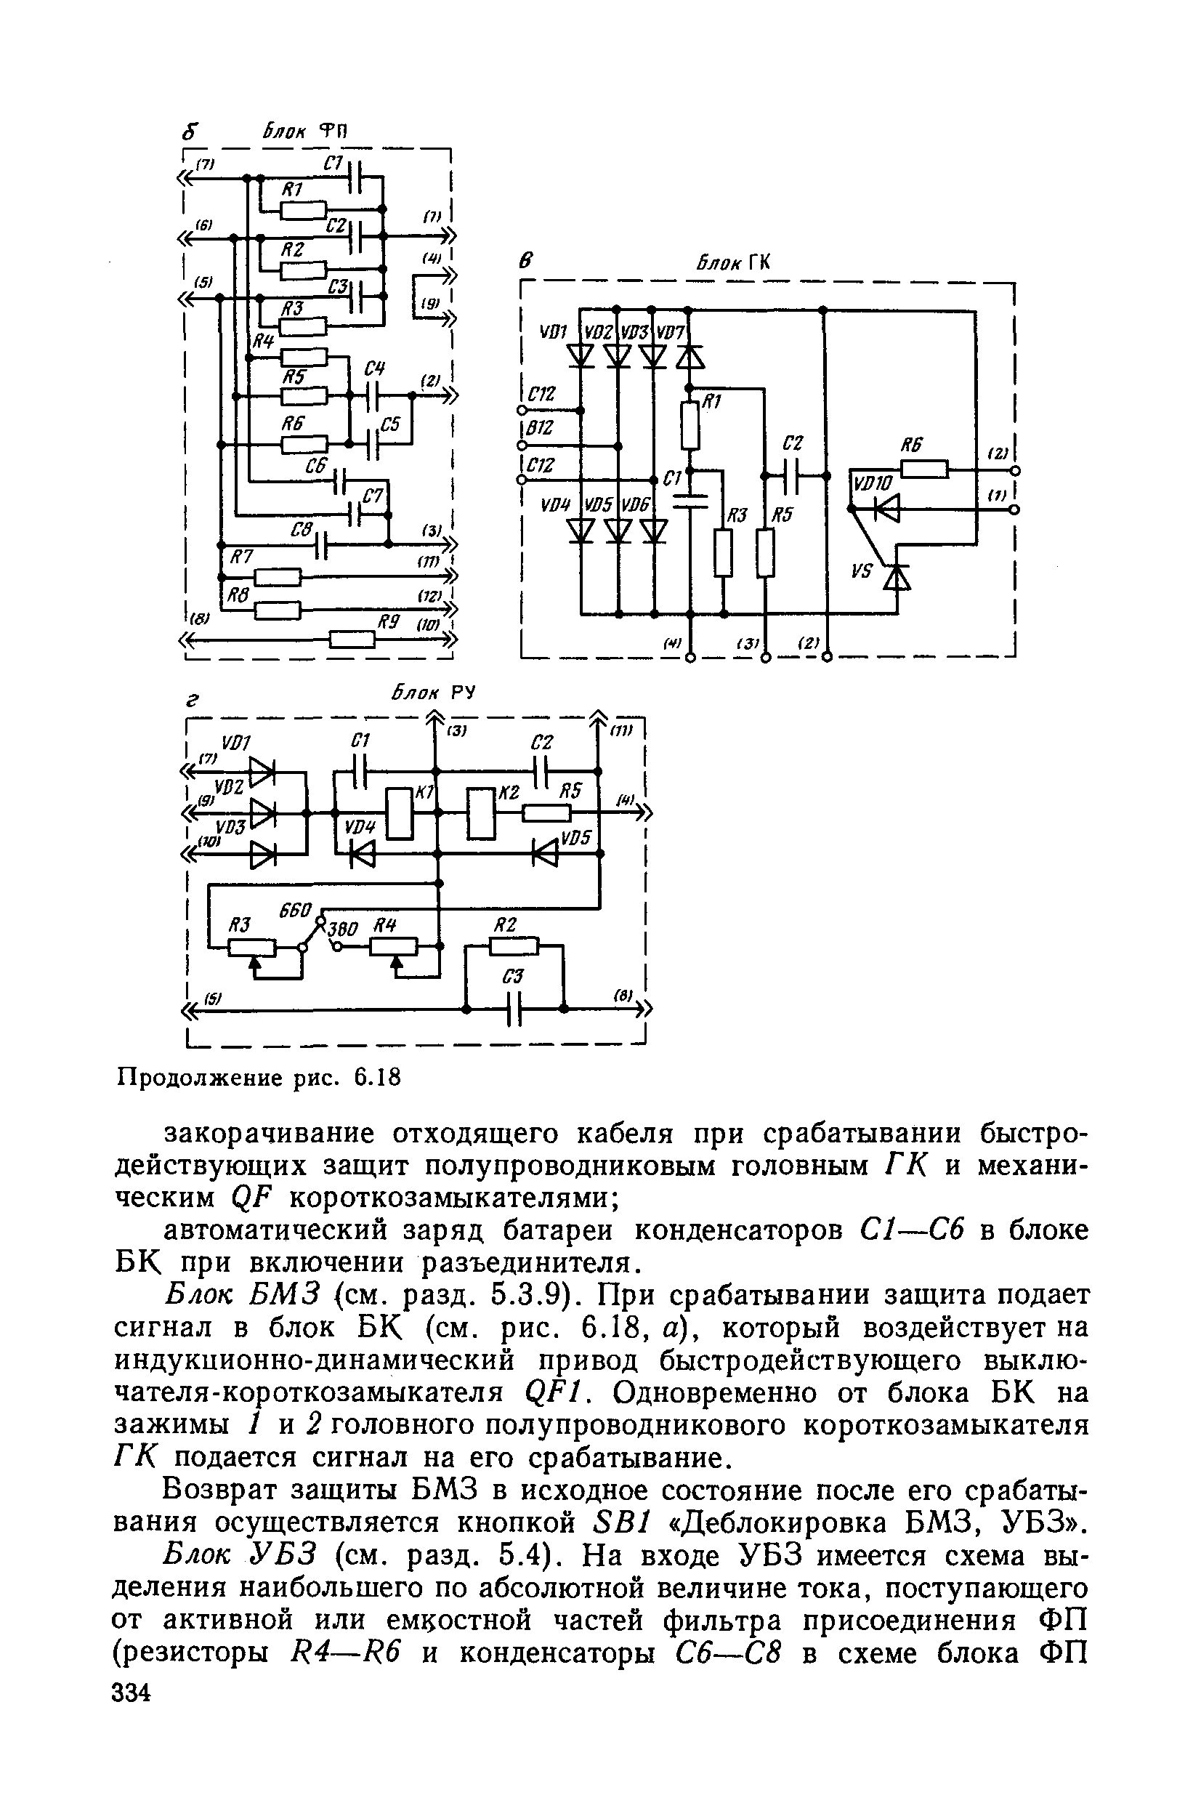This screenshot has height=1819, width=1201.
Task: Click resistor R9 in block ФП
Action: tap(352, 639)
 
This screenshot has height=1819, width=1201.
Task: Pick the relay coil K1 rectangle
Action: tap(400, 813)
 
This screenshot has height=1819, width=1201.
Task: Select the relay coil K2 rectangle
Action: tap(481, 813)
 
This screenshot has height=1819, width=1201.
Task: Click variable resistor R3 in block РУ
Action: tap(253, 948)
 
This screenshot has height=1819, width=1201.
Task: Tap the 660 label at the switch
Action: tap(295, 911)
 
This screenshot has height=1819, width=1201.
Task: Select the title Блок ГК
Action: tap(732, 262)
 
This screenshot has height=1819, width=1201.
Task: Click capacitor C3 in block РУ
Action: tap(514, 1009)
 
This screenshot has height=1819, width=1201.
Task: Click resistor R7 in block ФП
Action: tap(277, 576)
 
